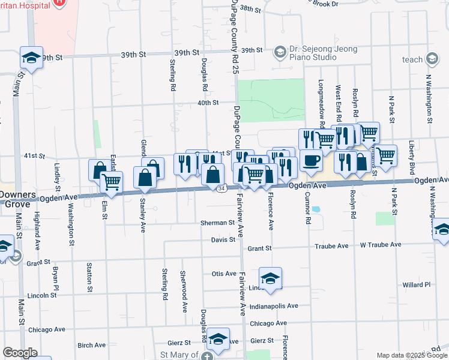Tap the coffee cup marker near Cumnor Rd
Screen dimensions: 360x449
(312, 161)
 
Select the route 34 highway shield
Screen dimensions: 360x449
(221, 189)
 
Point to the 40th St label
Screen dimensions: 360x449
(208, 103)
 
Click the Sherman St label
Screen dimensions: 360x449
(218, 223)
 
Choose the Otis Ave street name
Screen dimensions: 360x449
(224, 274)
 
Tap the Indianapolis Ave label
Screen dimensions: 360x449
(274, 306)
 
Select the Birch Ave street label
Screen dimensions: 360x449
(91, 345)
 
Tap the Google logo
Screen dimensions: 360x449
(20, 353)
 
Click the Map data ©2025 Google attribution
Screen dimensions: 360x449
(411, 355)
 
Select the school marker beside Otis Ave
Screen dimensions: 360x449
(271, 278)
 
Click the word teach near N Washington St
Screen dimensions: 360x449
(412, 59)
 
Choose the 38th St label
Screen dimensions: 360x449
(250, 10)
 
